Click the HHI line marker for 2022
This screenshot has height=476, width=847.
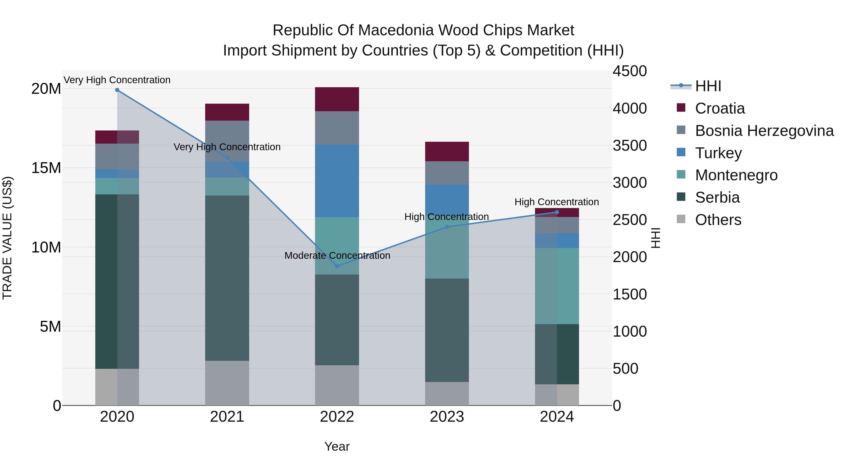[x=337, y=266]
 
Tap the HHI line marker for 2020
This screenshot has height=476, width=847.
[x=117, y=90]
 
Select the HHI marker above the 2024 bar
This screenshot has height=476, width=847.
[x=557, y=212]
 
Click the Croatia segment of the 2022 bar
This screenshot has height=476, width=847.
[x=337, y=99]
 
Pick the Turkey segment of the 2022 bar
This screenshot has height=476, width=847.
[x=337, y=181]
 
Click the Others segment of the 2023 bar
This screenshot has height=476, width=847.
[x=447, y=393]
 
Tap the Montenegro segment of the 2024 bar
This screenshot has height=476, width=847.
[x=557, y=286]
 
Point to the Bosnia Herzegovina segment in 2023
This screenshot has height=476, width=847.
[x=447, y=173]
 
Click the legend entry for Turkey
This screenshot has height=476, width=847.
[x=719, y=153]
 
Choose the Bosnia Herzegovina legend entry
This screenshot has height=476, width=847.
[x=764, y=131]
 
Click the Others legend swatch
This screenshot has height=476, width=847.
[x=681, y=219]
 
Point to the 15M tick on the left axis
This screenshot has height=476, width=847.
[x=46, y=168]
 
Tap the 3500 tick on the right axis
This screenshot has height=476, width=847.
[x=630, y=146]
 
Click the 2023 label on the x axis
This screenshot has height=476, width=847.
[x=447, y=417]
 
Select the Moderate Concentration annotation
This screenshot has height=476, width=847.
[x=337, y=255]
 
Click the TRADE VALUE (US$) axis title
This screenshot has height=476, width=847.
[x=7, y=238]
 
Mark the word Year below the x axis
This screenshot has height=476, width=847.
[x=337, y=446]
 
